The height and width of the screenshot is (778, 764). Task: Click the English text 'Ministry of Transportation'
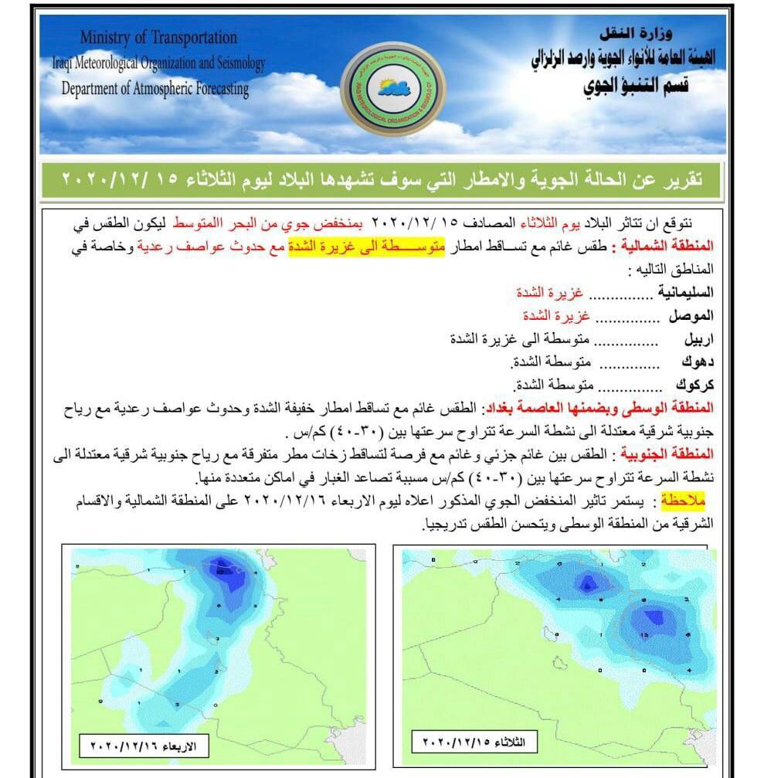(x=158, y=37)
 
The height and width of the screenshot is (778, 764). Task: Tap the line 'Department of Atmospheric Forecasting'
(x=155, y=89)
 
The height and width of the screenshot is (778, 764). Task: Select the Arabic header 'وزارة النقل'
(x=636, y=33)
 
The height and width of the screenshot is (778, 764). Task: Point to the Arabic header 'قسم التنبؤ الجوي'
(x=635, y=86)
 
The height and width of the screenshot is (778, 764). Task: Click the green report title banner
(x=381, y=180)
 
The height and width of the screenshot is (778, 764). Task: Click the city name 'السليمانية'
(x=685, y=293)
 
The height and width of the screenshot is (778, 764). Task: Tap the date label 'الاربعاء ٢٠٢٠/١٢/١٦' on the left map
(x=145, y=746)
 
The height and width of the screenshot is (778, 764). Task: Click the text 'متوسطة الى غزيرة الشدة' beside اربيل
(x=520, y=338)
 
